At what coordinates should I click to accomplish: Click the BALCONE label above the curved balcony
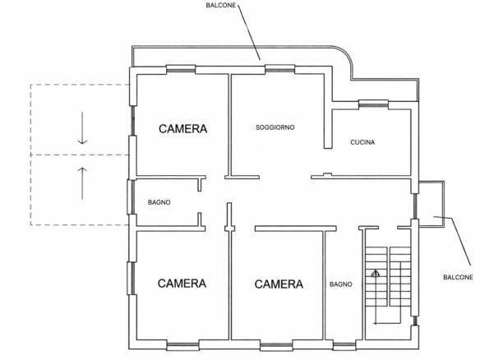(x=221, y=6)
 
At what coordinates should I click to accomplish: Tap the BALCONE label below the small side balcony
(x=458, y=277)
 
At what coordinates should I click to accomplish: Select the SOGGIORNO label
(x=275, y=127)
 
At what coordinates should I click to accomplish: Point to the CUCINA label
(x=362, y=142)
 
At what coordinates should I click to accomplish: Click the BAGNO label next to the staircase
(x=341, y=284)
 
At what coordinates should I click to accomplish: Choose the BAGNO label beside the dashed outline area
(x=159, y=202)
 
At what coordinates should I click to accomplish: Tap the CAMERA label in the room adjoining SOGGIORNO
(x=182, y=129)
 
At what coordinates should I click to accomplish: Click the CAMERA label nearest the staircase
(x=279, y=284)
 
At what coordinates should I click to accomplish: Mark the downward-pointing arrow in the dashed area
(x=82, y=128)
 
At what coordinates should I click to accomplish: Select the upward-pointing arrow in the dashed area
(x=82, y=183)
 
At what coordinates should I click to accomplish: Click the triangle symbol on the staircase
(x=376, y=273)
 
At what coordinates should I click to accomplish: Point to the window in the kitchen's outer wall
(x=373, y=104)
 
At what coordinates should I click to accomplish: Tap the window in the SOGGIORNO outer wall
(x=279, y=69)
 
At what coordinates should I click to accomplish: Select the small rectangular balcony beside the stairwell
(x=432, y=204)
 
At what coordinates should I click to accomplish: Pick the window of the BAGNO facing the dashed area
(x=131, y=196)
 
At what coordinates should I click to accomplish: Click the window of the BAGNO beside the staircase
(x=344, y=345)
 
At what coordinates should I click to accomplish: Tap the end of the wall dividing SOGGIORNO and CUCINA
(x=328, y=148)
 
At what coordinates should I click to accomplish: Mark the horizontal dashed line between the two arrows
(x=81, y=155)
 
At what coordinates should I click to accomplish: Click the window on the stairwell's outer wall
(x=415, y=321)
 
